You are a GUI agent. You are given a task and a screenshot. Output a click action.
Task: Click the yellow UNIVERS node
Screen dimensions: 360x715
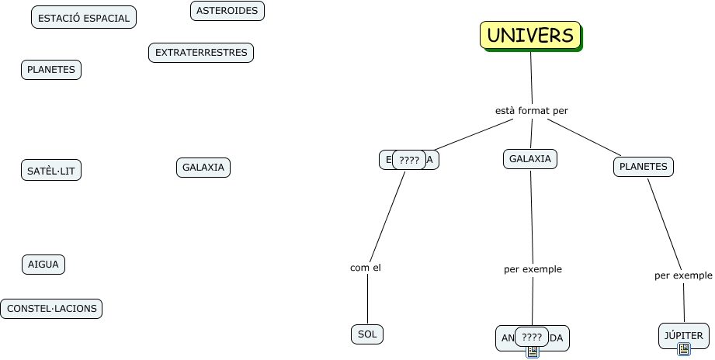(x=530, y=35)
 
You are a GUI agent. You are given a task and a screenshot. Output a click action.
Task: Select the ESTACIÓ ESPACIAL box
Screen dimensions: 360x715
(x=84, y=18)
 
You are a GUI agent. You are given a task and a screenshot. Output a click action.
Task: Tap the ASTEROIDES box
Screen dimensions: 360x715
(x=227, y=11)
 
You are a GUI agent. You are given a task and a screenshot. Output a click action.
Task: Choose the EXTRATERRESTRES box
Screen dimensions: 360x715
(x=201, y=53)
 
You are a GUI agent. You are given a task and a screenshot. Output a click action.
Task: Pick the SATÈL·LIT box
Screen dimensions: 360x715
(x=51, y=171)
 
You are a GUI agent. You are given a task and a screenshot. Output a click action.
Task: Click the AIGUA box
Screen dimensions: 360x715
(x=43, y=265)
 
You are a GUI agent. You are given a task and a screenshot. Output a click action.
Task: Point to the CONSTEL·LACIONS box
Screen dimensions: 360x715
(x=52, y=309)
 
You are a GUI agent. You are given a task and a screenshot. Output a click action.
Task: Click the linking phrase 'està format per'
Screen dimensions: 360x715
(x=532, y=111)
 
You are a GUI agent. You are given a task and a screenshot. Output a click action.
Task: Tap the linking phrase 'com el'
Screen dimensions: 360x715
(x=366, y=268)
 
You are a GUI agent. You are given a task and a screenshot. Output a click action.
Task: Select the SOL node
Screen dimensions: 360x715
(x=367, y=334)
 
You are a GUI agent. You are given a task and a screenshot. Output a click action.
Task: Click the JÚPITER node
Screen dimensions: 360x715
(x=684, y=336)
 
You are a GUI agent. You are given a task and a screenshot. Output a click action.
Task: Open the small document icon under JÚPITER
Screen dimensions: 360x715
(x=684, y=350)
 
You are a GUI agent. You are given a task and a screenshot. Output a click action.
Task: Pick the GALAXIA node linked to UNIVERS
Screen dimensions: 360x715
(x=530, y=159)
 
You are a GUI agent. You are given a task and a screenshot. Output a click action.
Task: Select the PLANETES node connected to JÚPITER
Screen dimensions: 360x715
(x=644, y=166)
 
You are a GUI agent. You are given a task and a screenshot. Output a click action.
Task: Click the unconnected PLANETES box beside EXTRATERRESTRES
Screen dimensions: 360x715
(x=51, y=70)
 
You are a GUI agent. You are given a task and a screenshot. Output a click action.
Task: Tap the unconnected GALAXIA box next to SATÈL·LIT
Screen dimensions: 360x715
(x=203, y=167)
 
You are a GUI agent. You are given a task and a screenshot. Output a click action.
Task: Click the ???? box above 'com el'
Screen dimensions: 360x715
(x=409, y=161)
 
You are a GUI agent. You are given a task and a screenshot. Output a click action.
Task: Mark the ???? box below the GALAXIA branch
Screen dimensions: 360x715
(x=532, y=337)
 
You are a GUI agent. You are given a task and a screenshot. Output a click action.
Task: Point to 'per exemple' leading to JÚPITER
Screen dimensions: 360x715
(x=683, y=275)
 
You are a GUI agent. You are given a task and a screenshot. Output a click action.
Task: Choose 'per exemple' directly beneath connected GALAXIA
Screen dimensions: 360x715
(x=533, y=269)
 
